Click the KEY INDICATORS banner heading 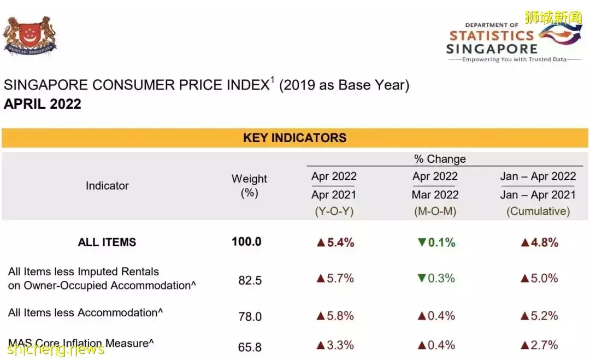point(294,138)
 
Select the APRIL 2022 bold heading point(43,104)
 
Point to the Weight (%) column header point(249,186)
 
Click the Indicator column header point(107,186)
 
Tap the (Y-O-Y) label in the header point(334,211)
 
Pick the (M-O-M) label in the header point(435,211)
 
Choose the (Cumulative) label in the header point(538,211)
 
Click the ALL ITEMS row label point(107,243)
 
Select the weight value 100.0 point(246,242)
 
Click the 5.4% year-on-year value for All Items point(335,243)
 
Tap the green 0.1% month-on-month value point(436,243)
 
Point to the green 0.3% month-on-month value point(436,279)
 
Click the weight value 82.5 point(250,281)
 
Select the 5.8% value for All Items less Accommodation point(335,316)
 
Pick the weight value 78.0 point(250,317)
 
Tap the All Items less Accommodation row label point(85,313)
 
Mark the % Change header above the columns point(440,159)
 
